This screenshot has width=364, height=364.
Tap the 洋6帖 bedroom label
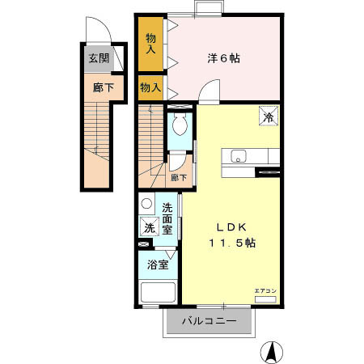tap(223, 59)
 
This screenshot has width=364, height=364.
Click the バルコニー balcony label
tap(209, 322)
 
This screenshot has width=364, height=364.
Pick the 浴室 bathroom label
tap(157, 264)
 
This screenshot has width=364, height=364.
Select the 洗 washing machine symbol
tap(148, 228)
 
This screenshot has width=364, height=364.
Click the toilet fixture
tap(180, 126)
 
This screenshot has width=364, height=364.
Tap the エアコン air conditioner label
tap(265, 290)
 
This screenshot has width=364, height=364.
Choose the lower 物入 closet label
tap(150, 87)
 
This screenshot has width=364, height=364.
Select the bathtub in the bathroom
tap(158, 292)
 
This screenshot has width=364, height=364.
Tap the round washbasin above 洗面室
tap(146, 204)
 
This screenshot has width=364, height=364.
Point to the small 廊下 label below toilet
tap(179, 178)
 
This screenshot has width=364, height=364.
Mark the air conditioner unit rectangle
tap(265, 299)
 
